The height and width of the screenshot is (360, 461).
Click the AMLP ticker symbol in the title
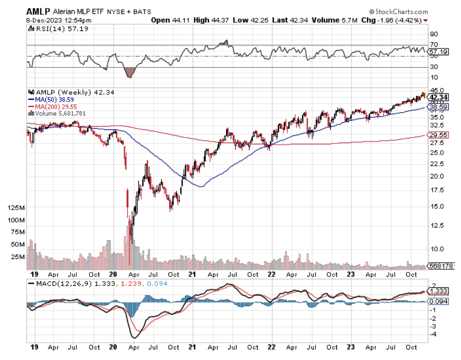coord(38,11)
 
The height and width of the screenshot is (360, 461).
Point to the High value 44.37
coord(222,20)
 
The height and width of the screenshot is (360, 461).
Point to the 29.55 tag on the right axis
coord(441,135)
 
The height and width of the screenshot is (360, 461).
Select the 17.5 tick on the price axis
coord(437,191)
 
